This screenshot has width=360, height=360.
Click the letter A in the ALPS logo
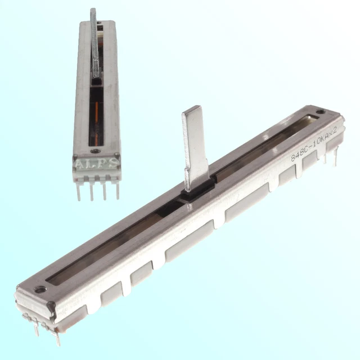coord(80,164)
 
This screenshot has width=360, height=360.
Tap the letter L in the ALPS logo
coord(91,164)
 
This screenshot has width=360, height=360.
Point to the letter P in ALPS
coord(102,164)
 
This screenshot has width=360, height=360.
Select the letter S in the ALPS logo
coord(113,164)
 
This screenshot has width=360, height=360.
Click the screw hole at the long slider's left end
coord(39,290)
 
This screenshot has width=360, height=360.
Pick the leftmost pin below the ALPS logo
coord(79,190)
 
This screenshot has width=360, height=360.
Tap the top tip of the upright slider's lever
coord(93,11)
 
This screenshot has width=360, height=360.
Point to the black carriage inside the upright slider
coord(96,84)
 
